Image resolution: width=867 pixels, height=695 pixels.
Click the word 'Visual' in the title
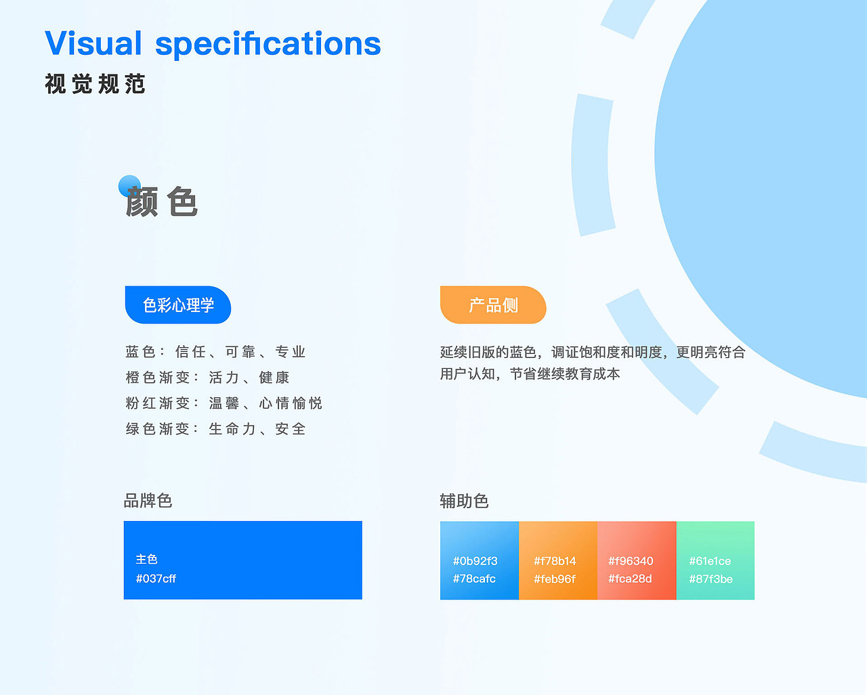point(93,44)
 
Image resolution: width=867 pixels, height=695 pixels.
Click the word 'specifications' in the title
point(268,44)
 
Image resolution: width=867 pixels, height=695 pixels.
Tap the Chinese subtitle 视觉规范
point(95,84)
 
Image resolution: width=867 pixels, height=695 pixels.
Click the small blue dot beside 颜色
point(129,186)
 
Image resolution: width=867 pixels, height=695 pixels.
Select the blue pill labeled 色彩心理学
point(178,305)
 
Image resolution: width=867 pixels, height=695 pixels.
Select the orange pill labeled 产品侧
point(493,305)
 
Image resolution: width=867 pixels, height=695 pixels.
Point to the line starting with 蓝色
point(215,352)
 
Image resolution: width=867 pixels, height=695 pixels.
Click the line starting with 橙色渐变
point(207,378)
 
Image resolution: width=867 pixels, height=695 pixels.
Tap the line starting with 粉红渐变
point(224,403)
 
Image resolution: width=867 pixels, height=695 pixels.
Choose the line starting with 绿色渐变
point(215,429)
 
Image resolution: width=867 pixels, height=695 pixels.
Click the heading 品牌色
point(148,501)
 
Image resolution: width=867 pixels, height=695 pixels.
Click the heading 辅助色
point(464,501)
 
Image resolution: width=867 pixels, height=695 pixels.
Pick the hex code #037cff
point(156,579)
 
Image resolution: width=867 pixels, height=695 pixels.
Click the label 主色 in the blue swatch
point(146,559)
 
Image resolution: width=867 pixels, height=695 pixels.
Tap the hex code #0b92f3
point(475,561)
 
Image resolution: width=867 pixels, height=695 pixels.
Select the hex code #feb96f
point(554,579)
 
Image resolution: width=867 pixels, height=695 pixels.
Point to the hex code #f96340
point(631,561)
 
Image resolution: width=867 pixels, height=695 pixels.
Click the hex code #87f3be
point(711,579)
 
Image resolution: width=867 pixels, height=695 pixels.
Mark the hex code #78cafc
point(474,579)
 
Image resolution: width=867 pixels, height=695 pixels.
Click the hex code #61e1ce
point(710,561)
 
